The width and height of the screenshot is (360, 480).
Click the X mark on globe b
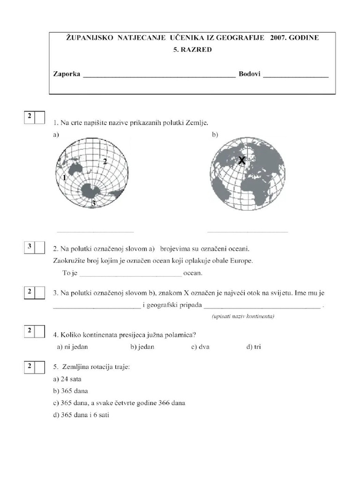(241, 161)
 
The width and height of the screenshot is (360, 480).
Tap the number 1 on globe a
(64, 178)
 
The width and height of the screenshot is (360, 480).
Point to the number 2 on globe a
(105, 161)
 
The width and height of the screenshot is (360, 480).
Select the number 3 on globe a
(94, 203)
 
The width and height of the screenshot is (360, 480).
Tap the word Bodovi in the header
(249, 75)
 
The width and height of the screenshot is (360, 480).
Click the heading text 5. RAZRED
(192, 50)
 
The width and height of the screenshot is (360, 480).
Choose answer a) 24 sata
(68, 379)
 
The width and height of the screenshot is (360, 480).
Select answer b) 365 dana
(71, 391)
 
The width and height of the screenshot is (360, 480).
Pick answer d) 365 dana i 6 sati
(81, 415)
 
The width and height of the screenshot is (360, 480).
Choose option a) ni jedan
(72, 347)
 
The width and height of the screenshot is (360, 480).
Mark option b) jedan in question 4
(142, 347)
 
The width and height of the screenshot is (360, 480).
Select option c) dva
(200, 347)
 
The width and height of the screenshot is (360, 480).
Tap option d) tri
(254, 347)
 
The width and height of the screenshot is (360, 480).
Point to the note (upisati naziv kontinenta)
(243, 316)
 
